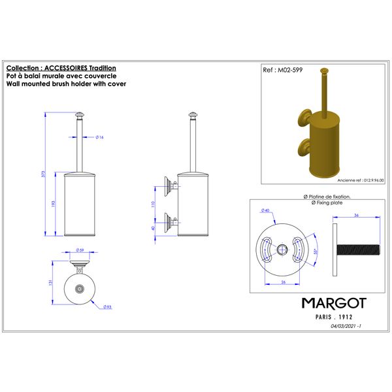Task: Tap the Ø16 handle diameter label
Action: click(x=100, y=138)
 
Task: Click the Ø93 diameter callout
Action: click(x=108, y=306)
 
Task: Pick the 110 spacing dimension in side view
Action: click(x=153, y=204)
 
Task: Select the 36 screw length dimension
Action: click(x=357, y=216)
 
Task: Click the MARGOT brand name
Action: click(x=333, y=303)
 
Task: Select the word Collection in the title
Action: click(x=23, y=68)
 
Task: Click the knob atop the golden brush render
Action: click(x=324, y=70)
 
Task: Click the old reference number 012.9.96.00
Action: click(x=367, y=178)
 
